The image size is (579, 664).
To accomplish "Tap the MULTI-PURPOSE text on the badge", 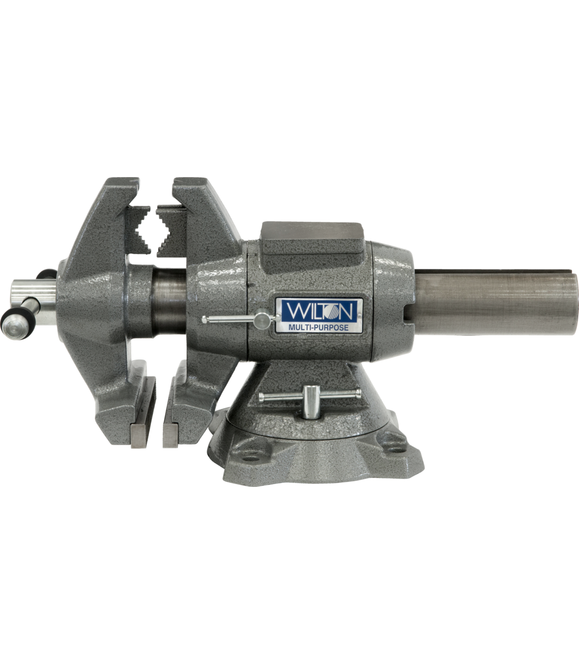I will pyautogui.click(x=318, y=328).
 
